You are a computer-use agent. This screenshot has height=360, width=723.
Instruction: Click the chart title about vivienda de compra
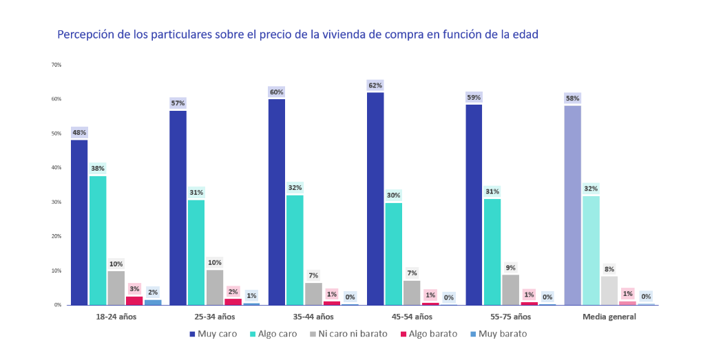pos(297,34)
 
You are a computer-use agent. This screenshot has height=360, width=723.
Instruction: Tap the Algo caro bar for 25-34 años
pos(196,252)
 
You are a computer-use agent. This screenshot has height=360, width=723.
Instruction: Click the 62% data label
pos(375,85)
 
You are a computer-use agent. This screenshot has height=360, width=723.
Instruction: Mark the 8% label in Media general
pos(609,269)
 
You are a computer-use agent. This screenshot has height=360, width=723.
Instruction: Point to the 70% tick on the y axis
pos(56,65)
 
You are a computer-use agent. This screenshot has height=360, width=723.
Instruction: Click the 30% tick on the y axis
pos(56,202)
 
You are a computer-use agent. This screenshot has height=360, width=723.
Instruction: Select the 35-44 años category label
pos(313,317)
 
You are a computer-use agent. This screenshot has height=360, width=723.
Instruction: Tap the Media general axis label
pos(609,317)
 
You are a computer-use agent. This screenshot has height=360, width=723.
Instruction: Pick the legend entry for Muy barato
pos(502,334)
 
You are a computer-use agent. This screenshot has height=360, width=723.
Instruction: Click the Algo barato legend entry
pos(432,334)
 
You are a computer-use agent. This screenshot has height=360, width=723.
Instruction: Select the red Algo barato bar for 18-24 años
pos(134,300)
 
